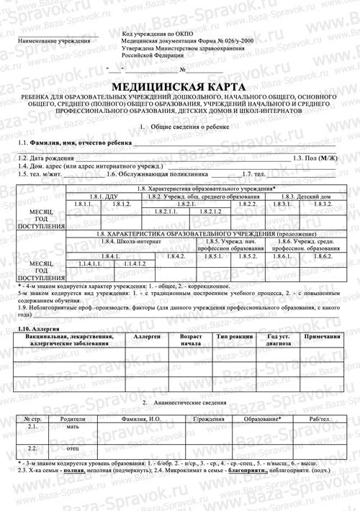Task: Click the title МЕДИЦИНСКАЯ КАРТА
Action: pyautogui.click(x=180, y=85)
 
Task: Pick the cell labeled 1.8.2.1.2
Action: pyautogui.click(x=210, y=212)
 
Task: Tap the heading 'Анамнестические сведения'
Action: pyautogui.click(x=186, y=402)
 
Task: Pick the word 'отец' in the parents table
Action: pyautogui.click(x=73, y=448)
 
